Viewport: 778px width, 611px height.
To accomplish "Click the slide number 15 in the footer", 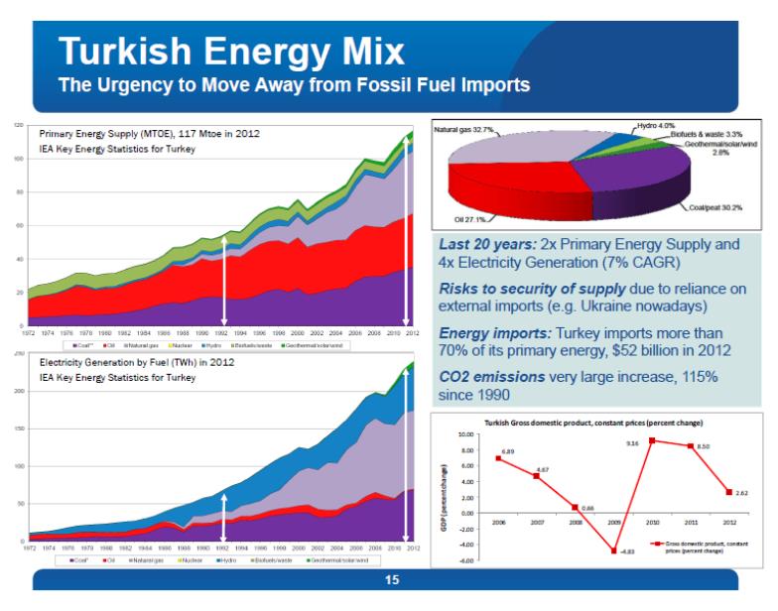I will [x=391, y=580].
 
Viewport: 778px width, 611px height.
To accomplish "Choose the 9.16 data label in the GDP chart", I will [x=632, y=443].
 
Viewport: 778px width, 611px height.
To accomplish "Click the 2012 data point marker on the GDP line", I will [x=729, y=492].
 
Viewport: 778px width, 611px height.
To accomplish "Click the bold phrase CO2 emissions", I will [x=491, y=377].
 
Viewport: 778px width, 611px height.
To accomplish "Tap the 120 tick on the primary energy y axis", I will [x=18, y=125].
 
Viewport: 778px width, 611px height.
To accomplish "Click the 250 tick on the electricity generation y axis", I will [x=18, y=352].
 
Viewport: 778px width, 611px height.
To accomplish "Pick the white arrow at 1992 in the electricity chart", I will [x=224, y=518].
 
